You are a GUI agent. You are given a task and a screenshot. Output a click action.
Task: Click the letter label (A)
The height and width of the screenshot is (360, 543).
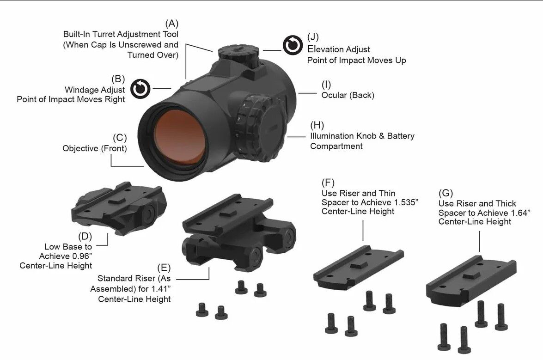click(171, 24)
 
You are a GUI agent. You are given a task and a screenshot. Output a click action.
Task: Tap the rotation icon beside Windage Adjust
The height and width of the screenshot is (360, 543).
click(140, 89)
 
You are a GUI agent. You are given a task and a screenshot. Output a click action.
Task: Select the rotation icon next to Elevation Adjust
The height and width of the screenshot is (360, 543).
click(293, 45)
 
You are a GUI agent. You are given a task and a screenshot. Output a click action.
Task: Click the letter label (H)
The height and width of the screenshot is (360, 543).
click(317, 125)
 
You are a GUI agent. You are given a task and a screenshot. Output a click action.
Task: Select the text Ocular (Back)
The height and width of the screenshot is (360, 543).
click(348, 95)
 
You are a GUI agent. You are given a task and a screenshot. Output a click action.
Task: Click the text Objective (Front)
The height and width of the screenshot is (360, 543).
click(94, 148)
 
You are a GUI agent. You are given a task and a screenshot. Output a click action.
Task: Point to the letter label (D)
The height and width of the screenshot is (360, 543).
click(85, 236)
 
